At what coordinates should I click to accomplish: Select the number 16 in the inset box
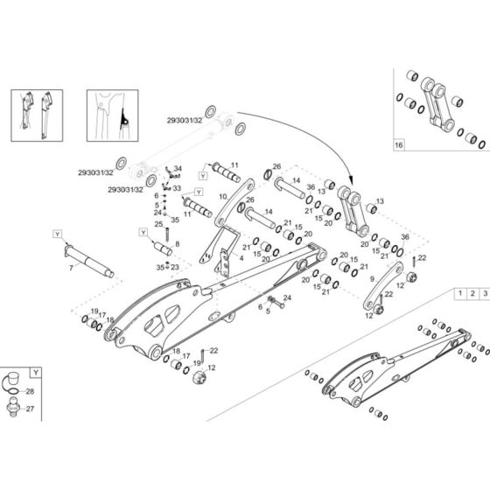click(x=400, y=143)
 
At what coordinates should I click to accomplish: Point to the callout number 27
click(x=31, y=409)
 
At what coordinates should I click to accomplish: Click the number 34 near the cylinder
click(x=178, y=169)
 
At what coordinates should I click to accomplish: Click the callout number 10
click(x=222, y=197)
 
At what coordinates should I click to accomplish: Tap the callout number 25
click(x=159, y=226)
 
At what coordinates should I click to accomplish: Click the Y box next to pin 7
click(x=58, y=234)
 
